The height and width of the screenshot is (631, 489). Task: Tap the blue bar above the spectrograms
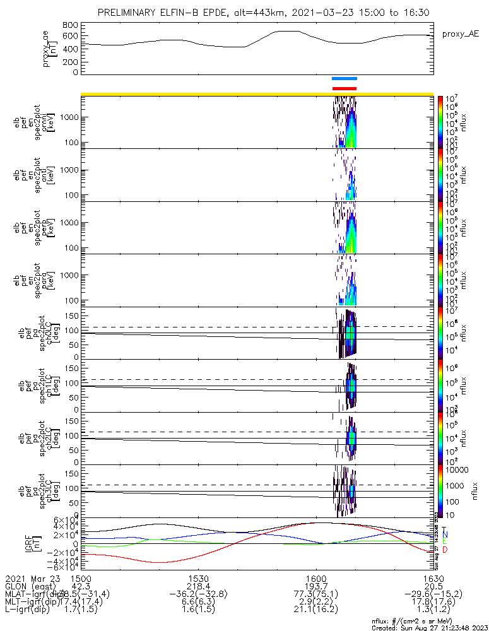345,79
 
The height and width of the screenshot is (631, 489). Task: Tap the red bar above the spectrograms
345,88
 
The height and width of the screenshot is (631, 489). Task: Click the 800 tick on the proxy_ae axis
70,25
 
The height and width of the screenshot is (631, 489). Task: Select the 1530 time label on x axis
199,579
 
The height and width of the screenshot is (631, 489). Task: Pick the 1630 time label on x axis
433,579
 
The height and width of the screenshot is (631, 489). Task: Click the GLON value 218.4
199,586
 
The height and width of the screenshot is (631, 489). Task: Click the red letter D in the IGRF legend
444,550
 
